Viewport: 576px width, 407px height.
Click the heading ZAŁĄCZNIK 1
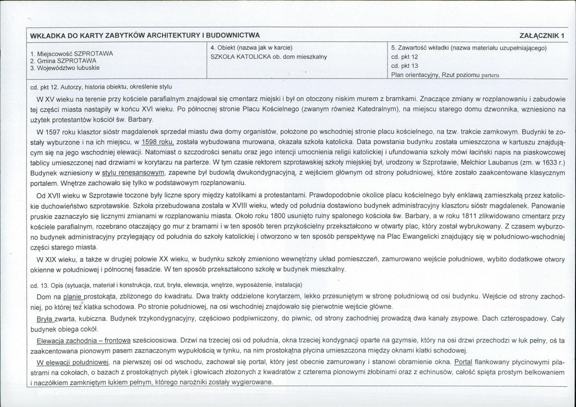tap(541, 36)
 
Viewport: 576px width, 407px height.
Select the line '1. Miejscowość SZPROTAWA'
tap(71, 54)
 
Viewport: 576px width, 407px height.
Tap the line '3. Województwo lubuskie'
tap(65, 68)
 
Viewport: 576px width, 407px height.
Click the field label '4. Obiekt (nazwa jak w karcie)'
tap(251, 48)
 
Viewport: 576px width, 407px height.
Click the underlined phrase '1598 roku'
tap(157, 143)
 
